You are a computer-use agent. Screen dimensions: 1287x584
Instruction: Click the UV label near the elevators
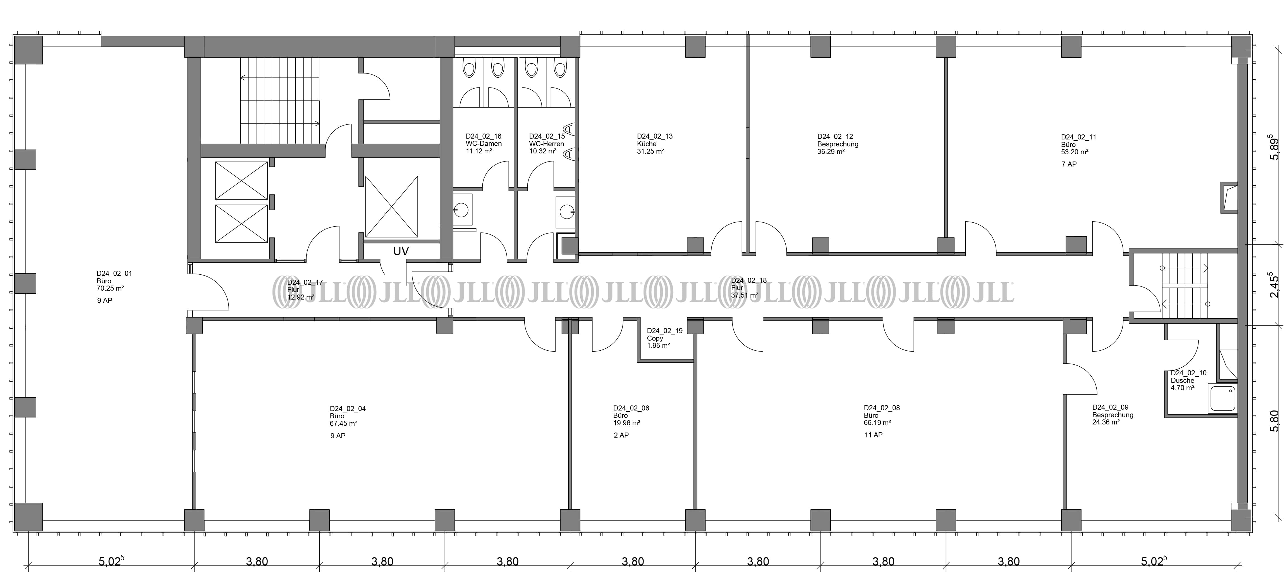click(401, 251)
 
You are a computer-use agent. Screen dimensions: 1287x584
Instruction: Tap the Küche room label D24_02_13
click(654, 136)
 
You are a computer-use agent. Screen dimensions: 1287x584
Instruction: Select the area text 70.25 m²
click(110, 288)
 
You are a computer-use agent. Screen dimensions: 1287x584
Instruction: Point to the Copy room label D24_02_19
click(664, 331)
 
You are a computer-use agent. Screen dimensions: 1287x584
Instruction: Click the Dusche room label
click(1182, 380)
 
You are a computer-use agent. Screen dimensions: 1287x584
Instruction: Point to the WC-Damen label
click(484, 144)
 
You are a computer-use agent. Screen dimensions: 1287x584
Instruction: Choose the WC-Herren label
click(547, 144)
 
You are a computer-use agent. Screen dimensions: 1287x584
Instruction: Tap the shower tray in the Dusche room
click(1222, 398)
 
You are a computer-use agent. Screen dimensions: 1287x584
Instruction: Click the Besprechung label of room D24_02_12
click(838, 144)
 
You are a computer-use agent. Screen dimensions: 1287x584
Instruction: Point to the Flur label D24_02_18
click(748, 281)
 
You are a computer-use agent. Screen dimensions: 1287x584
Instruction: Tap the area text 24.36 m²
click(1106, 422)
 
